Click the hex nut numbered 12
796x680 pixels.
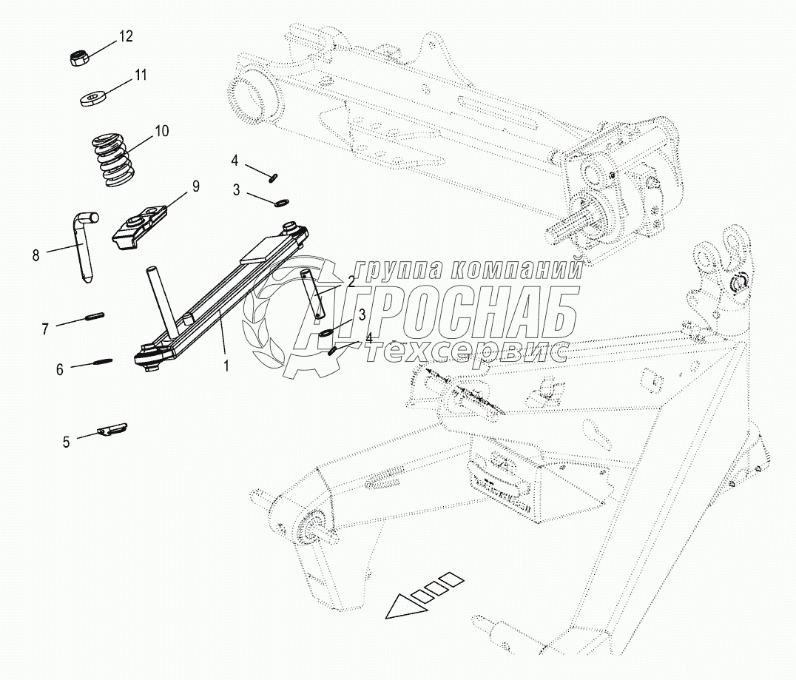pyautogui.click(x=79, y=58)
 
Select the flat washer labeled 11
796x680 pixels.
pyautogui.click(x=92, y=97)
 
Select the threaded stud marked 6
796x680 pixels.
pyautogui.click(x=103, y=362)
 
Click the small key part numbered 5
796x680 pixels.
pyautogui.click(x=112, y=430)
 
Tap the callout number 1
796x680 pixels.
pyautogui.click(x=227, y=365)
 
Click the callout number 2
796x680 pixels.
pyautogui.click(x=351, y=281)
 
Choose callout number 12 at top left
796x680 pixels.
pyautogui.click(x=127, y=36)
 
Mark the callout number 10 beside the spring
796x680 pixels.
pyautogui.click(x=161, y=131)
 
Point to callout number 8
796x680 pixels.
pyautogui.click(x=36, y=255)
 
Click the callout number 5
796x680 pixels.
pyautogui.click(x=66, y=442)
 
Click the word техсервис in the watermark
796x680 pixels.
pyautogui.click(x=466, y=352)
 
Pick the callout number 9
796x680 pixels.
pyautogui.click(x=196, y=186)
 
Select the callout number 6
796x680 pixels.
pyautogui.click(x=60, y=368)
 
